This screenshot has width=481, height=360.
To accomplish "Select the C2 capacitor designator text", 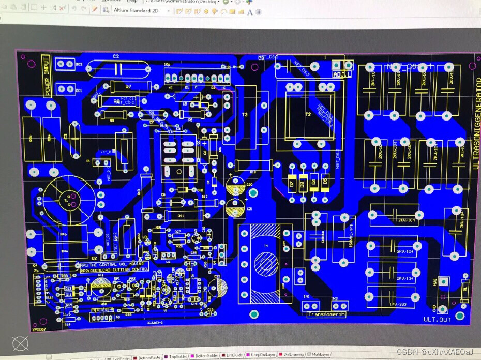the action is (x=116, y=56).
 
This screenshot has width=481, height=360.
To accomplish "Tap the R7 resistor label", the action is (x=128, y=86).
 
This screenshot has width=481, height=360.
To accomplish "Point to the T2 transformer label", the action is (x=308, y=114).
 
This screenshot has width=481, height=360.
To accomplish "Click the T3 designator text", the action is (x=245, y=114).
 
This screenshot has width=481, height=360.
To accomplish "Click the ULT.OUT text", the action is (x=437, y=320).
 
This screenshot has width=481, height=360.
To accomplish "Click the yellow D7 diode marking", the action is (x=292, y=183).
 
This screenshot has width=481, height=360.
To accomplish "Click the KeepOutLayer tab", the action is (x=261, y=355).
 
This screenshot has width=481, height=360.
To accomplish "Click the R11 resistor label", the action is (x=181, y=215).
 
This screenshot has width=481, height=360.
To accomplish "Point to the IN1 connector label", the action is (x=307, y=297).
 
